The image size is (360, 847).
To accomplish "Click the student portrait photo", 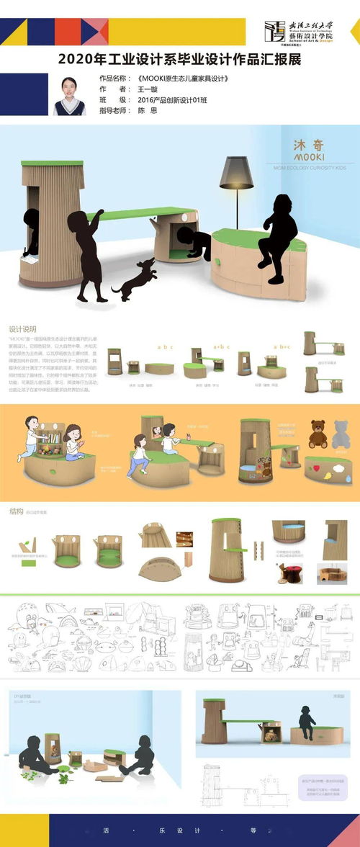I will pos(70,94).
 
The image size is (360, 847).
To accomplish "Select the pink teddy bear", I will pos(343,434).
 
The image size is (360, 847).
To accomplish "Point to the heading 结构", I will pos(16,511).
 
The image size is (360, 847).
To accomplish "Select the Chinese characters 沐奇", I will pos(308,140).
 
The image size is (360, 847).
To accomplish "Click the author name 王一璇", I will pos(148,89).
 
